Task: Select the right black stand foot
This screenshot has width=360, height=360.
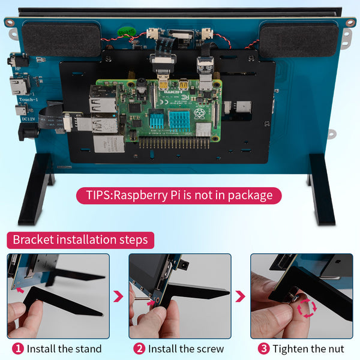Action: pos(322,188)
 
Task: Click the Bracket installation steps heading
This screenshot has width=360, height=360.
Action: pos(80,240)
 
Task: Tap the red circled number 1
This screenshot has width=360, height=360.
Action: pos(18,349)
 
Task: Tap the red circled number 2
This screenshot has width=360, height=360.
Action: pos(139,349)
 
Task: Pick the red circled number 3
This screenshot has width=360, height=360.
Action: pos(263,349)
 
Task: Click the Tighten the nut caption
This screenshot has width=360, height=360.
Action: pos(308,349)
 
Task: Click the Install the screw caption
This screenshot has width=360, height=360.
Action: pos(185,349)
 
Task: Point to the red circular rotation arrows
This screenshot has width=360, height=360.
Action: pos(307,308)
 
